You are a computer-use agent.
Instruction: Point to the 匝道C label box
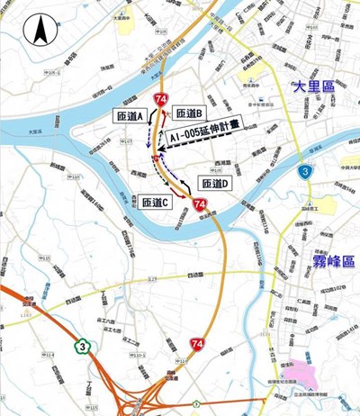pos(155,203)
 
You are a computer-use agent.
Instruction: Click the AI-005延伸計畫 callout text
pos(205,135)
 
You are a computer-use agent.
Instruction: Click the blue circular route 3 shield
pos(306,169)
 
